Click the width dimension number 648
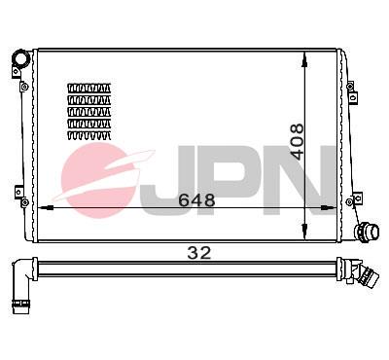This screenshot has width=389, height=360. (x=196, y=200)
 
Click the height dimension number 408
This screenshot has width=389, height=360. (x=297, y=142)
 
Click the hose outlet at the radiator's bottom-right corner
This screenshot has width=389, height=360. (x=367, y=233)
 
